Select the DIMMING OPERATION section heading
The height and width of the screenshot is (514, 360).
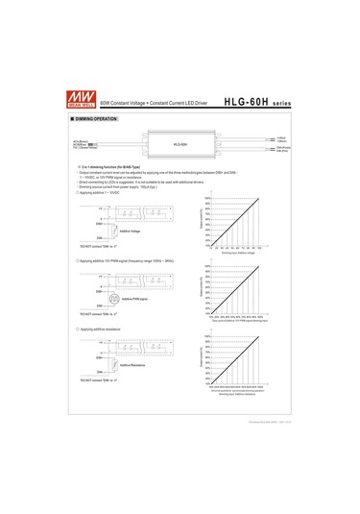(x=96, y=118)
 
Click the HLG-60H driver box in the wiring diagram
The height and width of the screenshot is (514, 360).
(x=180, y=144)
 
